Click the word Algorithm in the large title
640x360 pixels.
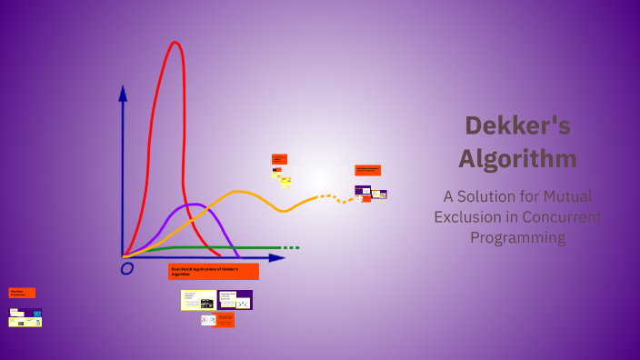517,158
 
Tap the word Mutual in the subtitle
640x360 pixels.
567,196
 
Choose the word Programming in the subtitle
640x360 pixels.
517,238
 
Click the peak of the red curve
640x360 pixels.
175,43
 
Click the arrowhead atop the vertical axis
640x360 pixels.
123,92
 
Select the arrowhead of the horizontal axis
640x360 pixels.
277,258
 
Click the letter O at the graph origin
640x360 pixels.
127,268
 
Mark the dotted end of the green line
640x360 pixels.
291,247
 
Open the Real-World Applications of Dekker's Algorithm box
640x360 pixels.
214,271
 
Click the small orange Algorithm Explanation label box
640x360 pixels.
22,293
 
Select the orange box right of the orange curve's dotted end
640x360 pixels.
367,170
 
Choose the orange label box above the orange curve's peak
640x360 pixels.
279,159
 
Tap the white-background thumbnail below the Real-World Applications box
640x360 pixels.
198,300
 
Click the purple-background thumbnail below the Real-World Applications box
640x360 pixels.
235,300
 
